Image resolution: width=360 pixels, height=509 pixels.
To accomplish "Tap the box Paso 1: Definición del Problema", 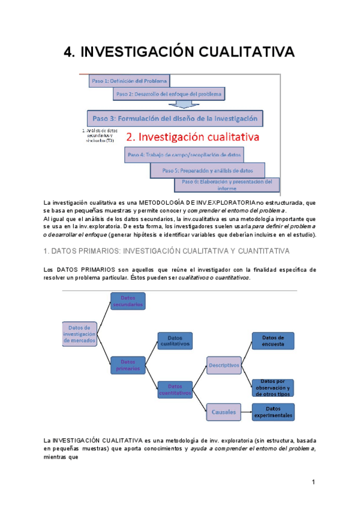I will pos(129,80).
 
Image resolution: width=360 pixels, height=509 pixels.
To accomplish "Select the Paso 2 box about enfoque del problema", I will pos(169,94).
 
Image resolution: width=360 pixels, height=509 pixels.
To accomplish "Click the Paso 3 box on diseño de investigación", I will pos(175,118).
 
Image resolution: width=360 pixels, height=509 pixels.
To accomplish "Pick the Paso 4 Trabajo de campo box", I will pos(184,155).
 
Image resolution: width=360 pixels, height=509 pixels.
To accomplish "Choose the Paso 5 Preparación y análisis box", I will pos(209,170).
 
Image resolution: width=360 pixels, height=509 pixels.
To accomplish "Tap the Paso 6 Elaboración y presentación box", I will pos(227,184).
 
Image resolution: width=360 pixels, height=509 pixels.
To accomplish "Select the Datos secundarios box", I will pos(128,301).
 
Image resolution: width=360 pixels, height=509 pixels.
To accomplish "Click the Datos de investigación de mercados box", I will pos(79,334).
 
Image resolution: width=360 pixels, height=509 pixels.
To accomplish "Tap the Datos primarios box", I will pos(127,365).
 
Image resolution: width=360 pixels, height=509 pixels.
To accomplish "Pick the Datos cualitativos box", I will pos(175,342).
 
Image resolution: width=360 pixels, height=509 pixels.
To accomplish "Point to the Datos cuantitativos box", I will pos(175,390).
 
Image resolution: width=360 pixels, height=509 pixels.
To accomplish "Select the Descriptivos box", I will pos(223,365).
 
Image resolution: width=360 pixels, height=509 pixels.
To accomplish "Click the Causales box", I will pos(223,411).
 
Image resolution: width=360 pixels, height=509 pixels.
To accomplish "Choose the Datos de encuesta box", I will pos(272,341).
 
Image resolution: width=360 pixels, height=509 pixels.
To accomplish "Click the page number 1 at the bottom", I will pos(313,482).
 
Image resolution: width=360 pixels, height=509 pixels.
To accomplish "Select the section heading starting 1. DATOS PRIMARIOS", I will pos(167,250).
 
